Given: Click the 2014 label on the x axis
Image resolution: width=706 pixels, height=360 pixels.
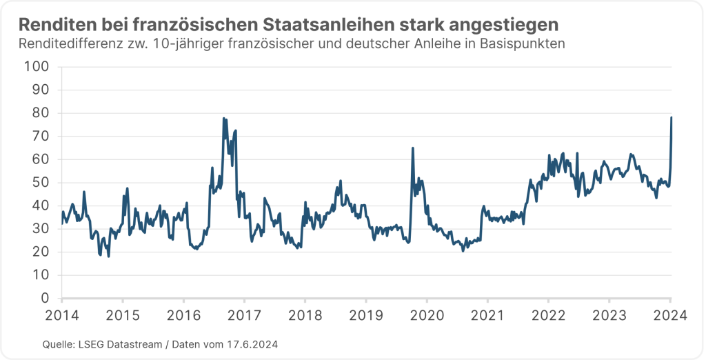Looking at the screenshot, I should [61, 316].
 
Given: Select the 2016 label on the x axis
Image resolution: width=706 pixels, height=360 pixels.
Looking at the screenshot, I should [183, 316].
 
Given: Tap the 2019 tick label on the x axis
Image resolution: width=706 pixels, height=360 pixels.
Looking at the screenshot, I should [365, 316].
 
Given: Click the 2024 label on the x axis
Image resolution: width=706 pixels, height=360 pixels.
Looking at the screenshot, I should [671, 316].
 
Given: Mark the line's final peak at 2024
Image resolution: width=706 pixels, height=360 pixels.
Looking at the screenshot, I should [672, 118].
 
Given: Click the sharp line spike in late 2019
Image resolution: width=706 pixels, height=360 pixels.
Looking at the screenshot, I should [412, 148].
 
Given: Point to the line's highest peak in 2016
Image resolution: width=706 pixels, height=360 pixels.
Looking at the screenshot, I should [224, 119].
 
